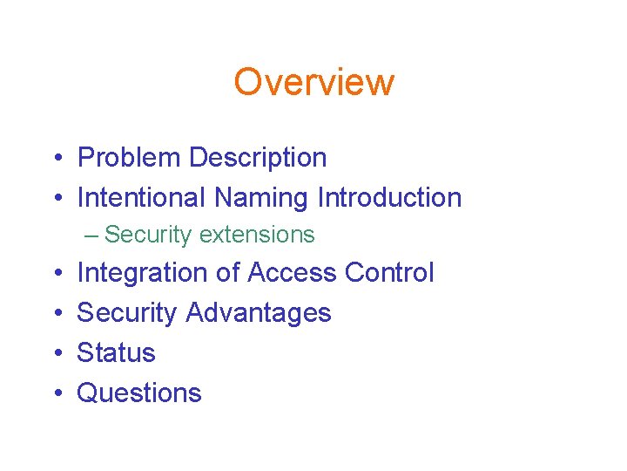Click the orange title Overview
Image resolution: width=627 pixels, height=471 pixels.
(x=313, y=82)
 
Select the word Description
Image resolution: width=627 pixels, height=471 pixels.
(x=258, y=158)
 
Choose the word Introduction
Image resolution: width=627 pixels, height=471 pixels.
(x=389, y=198)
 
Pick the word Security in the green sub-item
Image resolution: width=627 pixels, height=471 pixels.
(x=149, y=235)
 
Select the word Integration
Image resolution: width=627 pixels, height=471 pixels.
(x=142, y=273)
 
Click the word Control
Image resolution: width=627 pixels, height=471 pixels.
(x=389, y=273)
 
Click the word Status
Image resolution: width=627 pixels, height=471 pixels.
(x=116, y=353)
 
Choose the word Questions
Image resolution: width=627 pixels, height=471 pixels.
(x=139, y=393)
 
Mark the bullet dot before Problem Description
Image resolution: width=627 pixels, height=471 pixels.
(x=55, y=159)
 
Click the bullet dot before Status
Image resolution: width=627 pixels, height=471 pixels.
(x=55, y=354)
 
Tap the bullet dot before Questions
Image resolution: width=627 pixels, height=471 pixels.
(x=55, y=394)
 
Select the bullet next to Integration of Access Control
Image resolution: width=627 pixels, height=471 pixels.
(x=55, y=274)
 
